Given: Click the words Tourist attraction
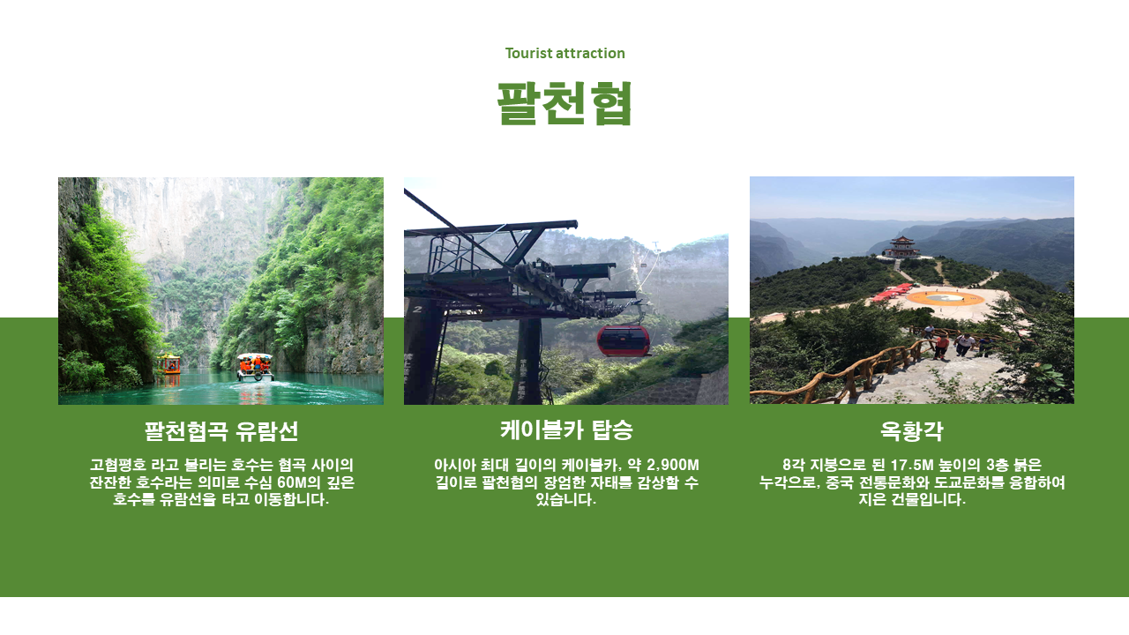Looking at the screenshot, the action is pos(564,53).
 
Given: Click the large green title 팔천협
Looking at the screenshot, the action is pos(564,103).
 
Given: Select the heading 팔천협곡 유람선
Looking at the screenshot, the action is pos(221,431).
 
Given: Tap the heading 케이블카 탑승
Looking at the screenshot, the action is pos(566,430).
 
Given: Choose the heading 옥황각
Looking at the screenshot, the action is pos(911,431).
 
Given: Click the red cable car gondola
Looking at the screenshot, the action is pos(624,340).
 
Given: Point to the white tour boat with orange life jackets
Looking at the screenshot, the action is pos(255,367).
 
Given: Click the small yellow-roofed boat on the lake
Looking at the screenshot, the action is pos(168,364).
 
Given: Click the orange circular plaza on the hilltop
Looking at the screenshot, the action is pos(945,298).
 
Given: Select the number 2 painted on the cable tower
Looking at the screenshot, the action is pos(417,309).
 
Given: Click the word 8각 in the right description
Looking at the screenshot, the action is pos(793,465).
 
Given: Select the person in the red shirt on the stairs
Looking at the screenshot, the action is pos(940,347).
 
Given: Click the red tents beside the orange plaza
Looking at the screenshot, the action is pos(892,292).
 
